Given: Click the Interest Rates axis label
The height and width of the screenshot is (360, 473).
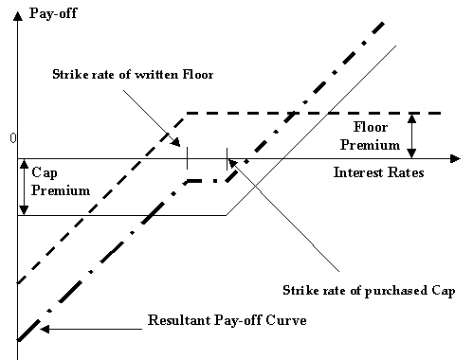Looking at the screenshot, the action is pos(378,173).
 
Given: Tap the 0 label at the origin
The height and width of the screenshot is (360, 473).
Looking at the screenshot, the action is pos(12,139).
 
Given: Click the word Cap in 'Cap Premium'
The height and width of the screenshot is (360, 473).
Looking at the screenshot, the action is pos(44,173).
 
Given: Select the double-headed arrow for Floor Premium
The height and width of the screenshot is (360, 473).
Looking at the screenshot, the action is pos(412,135).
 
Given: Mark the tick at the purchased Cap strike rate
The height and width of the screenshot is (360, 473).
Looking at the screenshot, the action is pos(226,158).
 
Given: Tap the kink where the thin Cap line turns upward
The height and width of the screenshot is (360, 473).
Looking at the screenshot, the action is pos(226,215).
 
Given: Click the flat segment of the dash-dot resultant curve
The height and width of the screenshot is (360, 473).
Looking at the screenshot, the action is pos(207,180).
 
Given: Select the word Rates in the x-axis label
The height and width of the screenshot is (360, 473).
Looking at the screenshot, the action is pos(403,173).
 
